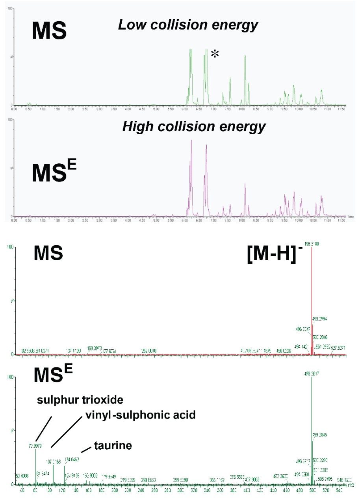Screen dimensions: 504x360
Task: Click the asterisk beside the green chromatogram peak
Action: [x=215, y=54]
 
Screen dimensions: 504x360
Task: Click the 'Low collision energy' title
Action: [x=188, y=25]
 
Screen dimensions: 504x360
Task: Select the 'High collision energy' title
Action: [x=194, y=126]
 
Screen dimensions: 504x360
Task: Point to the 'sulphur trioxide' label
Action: [x=80, y=400]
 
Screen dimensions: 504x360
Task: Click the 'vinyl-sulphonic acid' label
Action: [x=140, y=415]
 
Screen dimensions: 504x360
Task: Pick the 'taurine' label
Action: [x=113, y=446]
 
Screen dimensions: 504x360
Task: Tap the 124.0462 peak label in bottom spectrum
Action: [x=72, y=459]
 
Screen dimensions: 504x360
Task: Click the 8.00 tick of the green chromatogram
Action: [x=241, y=108]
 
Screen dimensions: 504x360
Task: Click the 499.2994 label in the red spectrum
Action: [x=320, y=319]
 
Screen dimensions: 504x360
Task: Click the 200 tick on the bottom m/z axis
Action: [x=115, y=490]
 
